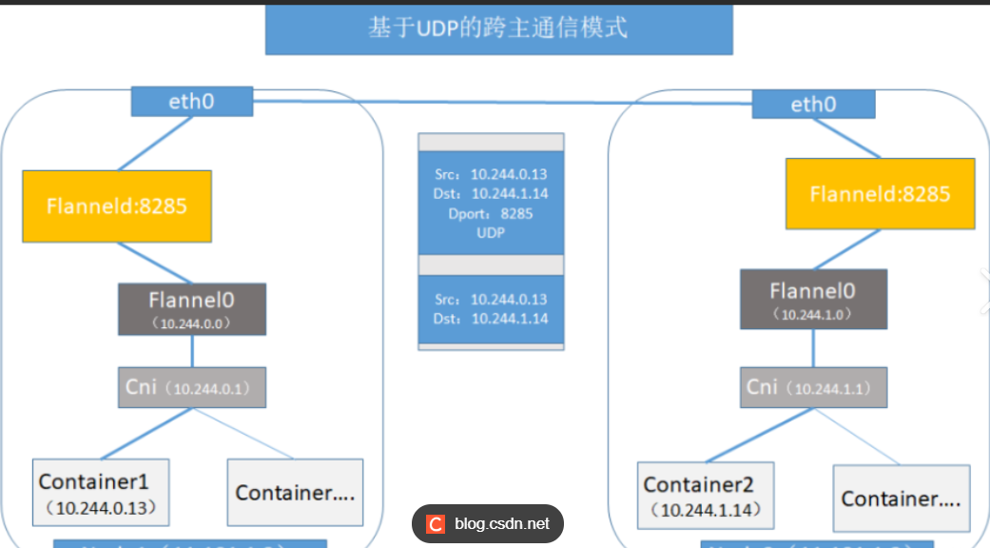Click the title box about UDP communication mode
point(498,29)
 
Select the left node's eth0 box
point(192,101)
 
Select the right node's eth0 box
point(813,104)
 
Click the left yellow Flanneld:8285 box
point(117,205)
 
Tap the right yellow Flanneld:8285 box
point(880,194)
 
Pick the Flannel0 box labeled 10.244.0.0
point(192,308)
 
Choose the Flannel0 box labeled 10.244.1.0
point(813,298)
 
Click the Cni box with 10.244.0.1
point(192,387)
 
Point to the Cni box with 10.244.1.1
point(813,387)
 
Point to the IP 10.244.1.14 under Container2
point(709,511)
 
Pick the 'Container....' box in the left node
point(295,492)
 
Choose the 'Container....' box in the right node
point(901,498)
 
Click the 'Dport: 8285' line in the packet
point(491,213)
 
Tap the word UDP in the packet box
point(491,232)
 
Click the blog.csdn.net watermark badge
point(488,523)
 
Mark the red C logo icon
point(436,524)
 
